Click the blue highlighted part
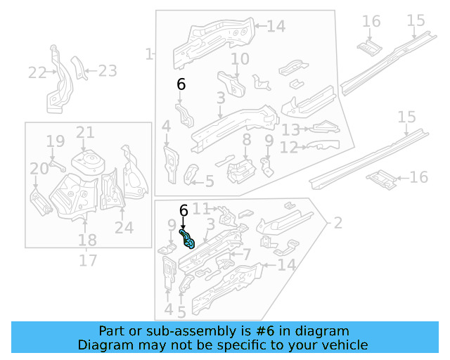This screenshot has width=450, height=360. pyautogui.click(x=188, y=239)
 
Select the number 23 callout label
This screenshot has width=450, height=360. pyautogui.click(x=107, y=70)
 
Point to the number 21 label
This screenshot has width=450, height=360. pyautogui.click(x=85, y=132)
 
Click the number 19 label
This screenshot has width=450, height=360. pyautogui.click(x=56, y=143)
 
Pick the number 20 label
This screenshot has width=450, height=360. pyautogui.click(x=39, y=167)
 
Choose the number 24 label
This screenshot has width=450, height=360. pyautogui.click(x=124, y=227)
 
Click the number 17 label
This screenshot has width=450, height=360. pyautogui.click(x=88, y=261)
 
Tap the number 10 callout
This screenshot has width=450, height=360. pyautogui.click(x=240, y=59)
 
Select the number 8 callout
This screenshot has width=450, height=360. pyautogui.click(x=246, y=141)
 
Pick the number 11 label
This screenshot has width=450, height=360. pyautogui.click(x=202, y=208)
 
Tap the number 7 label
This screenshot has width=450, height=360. pyautogui.click(x=247, y=253)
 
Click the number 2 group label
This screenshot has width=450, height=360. pyautogui.click(x=337, y=224)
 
